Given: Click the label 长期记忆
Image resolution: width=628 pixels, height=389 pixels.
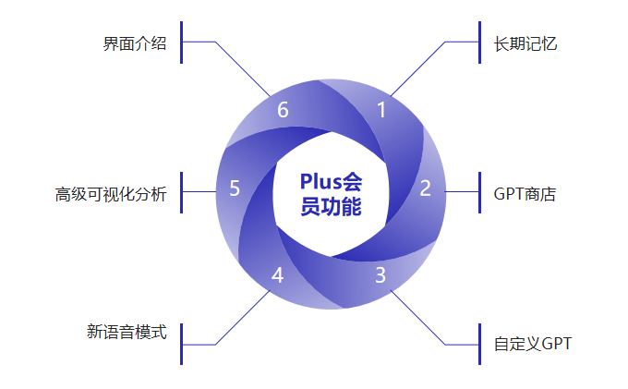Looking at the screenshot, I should pyautogui.click(x=525, y=43).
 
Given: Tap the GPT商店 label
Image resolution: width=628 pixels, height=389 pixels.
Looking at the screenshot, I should pyautogui.click(x=525, y=194).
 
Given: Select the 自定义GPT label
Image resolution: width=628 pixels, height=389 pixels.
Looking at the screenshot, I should pyautogui.click(x=533, y=345).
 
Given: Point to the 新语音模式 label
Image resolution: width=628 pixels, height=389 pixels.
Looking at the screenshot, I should pyautogui.click(x=127, y=331).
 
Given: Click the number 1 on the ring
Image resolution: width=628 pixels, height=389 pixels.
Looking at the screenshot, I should pyautogui.click(x=381, y=110).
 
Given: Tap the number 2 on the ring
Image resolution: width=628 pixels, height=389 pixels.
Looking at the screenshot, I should pyautogui.click(x=426, y=188).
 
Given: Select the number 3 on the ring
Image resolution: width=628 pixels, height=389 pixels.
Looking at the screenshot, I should pyautogui.click(x=380, y=274).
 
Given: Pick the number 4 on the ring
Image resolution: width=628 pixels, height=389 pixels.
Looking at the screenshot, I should pyautogui.click(x=278, y=274).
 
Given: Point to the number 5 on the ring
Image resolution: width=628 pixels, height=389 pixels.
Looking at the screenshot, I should pyautogui.click(x=235, y=188).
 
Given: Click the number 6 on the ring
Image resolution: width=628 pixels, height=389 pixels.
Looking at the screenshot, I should pyautogui.click(x=283, y=110).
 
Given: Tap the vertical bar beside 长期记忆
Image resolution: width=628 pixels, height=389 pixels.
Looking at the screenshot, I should pyautogui.click(x=480, y=43).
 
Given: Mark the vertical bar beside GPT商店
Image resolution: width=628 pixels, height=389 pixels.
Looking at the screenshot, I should pyautogui.click(x=480, y=192).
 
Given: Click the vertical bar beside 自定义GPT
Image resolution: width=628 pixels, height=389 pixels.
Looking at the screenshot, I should pyautogui.click(x=480, y=344).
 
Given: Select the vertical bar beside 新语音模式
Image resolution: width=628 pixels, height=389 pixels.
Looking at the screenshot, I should pyautogui.click(x=182, y=344).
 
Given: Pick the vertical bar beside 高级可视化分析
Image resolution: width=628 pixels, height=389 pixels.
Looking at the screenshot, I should pyautogui.click(x=182, y=192).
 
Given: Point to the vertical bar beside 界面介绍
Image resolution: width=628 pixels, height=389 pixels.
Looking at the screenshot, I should pyautogui.click(x=182, y=43).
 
